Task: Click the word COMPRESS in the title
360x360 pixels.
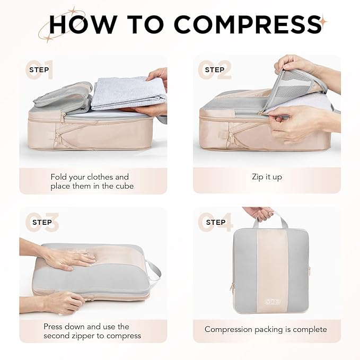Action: pos(248,24)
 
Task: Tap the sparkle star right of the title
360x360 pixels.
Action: pos(323,21)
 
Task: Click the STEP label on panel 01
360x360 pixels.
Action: pos(39,70)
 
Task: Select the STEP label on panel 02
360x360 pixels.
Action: pos(214,70)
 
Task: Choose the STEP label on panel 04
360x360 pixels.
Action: pos(215,222)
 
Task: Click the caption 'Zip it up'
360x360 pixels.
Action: pos(267,177)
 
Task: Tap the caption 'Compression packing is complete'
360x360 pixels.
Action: pos(266,329)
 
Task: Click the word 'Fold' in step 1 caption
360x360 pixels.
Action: pos(59,177)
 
